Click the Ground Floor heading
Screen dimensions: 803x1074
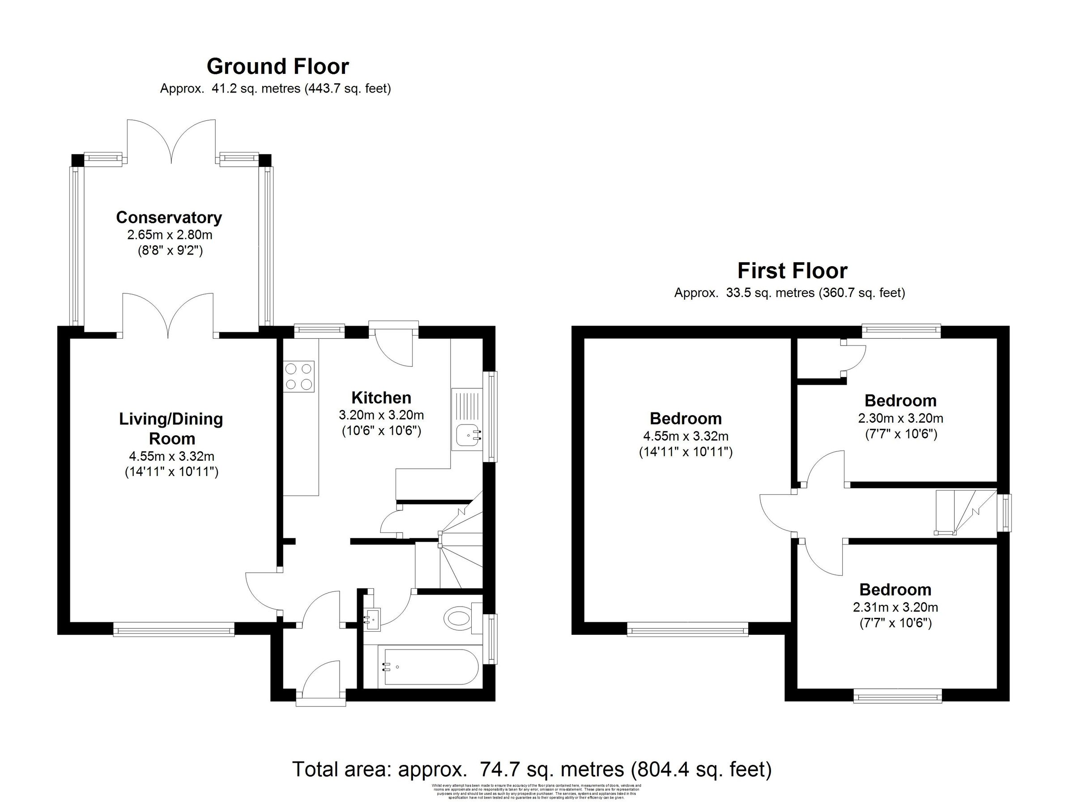(x=277, y=67)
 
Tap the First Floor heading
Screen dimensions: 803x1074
(x=792, y=271)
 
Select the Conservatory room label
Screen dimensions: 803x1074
(x=169, y=217)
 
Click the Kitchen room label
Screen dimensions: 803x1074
(x=381, y=398)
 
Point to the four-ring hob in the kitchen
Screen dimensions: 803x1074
(x=299, y=377)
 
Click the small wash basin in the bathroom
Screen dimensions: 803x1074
(x=372, y=619)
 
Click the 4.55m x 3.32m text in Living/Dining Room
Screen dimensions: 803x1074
(x=171, y=456)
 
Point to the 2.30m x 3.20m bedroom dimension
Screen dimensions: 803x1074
(x=901, y=417)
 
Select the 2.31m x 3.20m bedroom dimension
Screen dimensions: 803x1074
(x=895, y=607)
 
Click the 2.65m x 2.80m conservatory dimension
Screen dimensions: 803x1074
(x=170, y=235)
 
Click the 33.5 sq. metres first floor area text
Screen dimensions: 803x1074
(x=789, y=293)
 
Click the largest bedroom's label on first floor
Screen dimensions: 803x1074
(x=686, y=418)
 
